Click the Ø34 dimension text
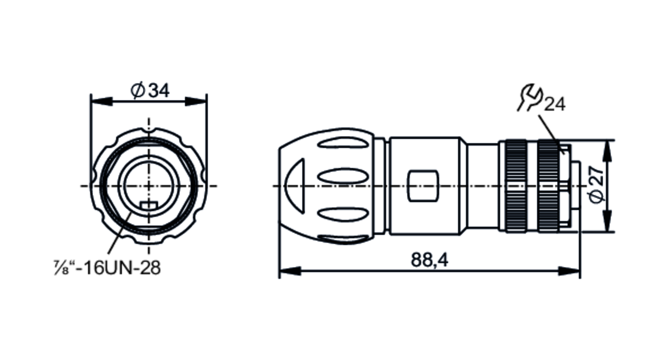pos(150,91)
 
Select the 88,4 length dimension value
pos(429,260)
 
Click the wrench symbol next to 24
pos(531,98)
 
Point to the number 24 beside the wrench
pos(555,104)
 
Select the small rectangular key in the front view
pos(149,205)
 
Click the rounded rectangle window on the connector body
pos(423,186)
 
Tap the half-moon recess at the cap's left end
pos(295,186)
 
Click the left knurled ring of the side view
pos(517,186)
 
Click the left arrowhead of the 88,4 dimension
pos(289,271)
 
